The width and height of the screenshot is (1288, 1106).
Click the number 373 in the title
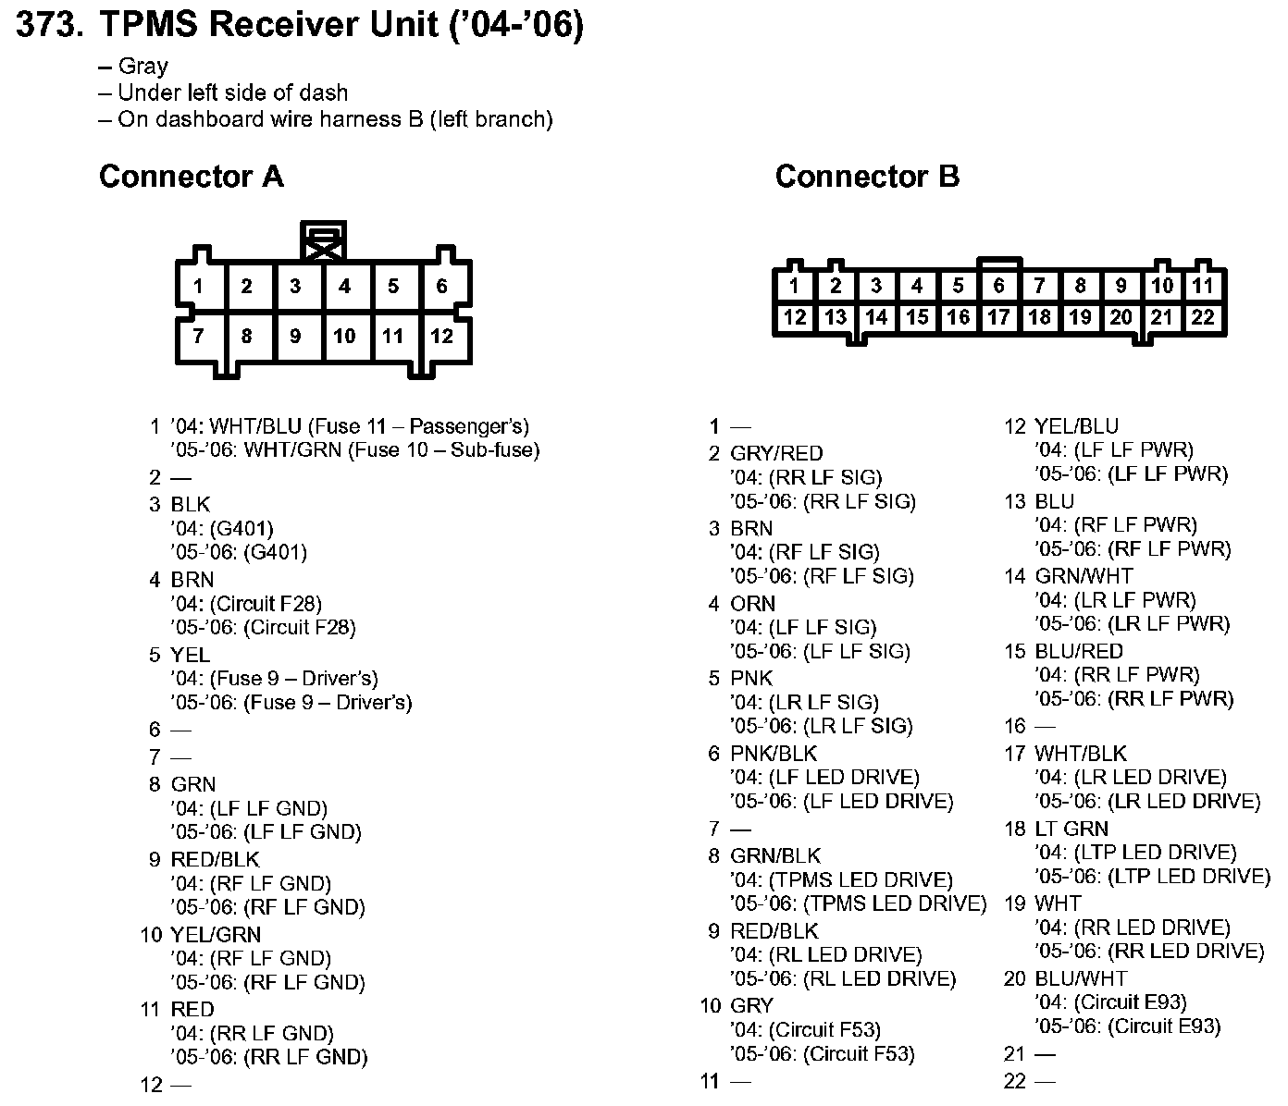(46, 26)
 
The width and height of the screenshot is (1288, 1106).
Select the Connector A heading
(191, 176)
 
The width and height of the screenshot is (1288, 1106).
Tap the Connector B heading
(867, 176)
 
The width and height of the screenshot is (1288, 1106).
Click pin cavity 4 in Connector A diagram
(344, 287)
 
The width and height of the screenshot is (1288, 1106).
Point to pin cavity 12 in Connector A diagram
(441, 336)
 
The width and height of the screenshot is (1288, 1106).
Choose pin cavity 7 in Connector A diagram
(198, 336)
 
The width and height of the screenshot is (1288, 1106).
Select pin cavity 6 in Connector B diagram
(998, 286)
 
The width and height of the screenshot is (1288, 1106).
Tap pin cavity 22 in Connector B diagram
(1202, 317)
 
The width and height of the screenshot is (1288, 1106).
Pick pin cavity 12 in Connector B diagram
(795, 317)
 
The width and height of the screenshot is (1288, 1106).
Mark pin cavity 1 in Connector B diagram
(795, 286)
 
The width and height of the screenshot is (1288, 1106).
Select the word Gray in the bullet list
(143, 67)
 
